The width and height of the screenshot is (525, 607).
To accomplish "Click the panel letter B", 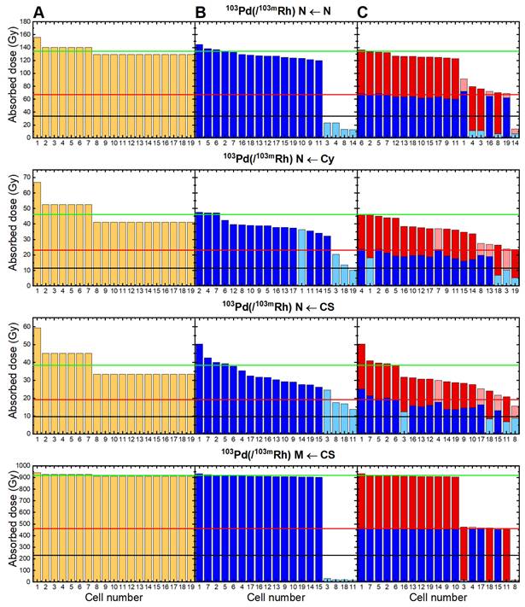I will (201, 11).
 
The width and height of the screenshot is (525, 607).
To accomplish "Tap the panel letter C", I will (363, 11).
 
